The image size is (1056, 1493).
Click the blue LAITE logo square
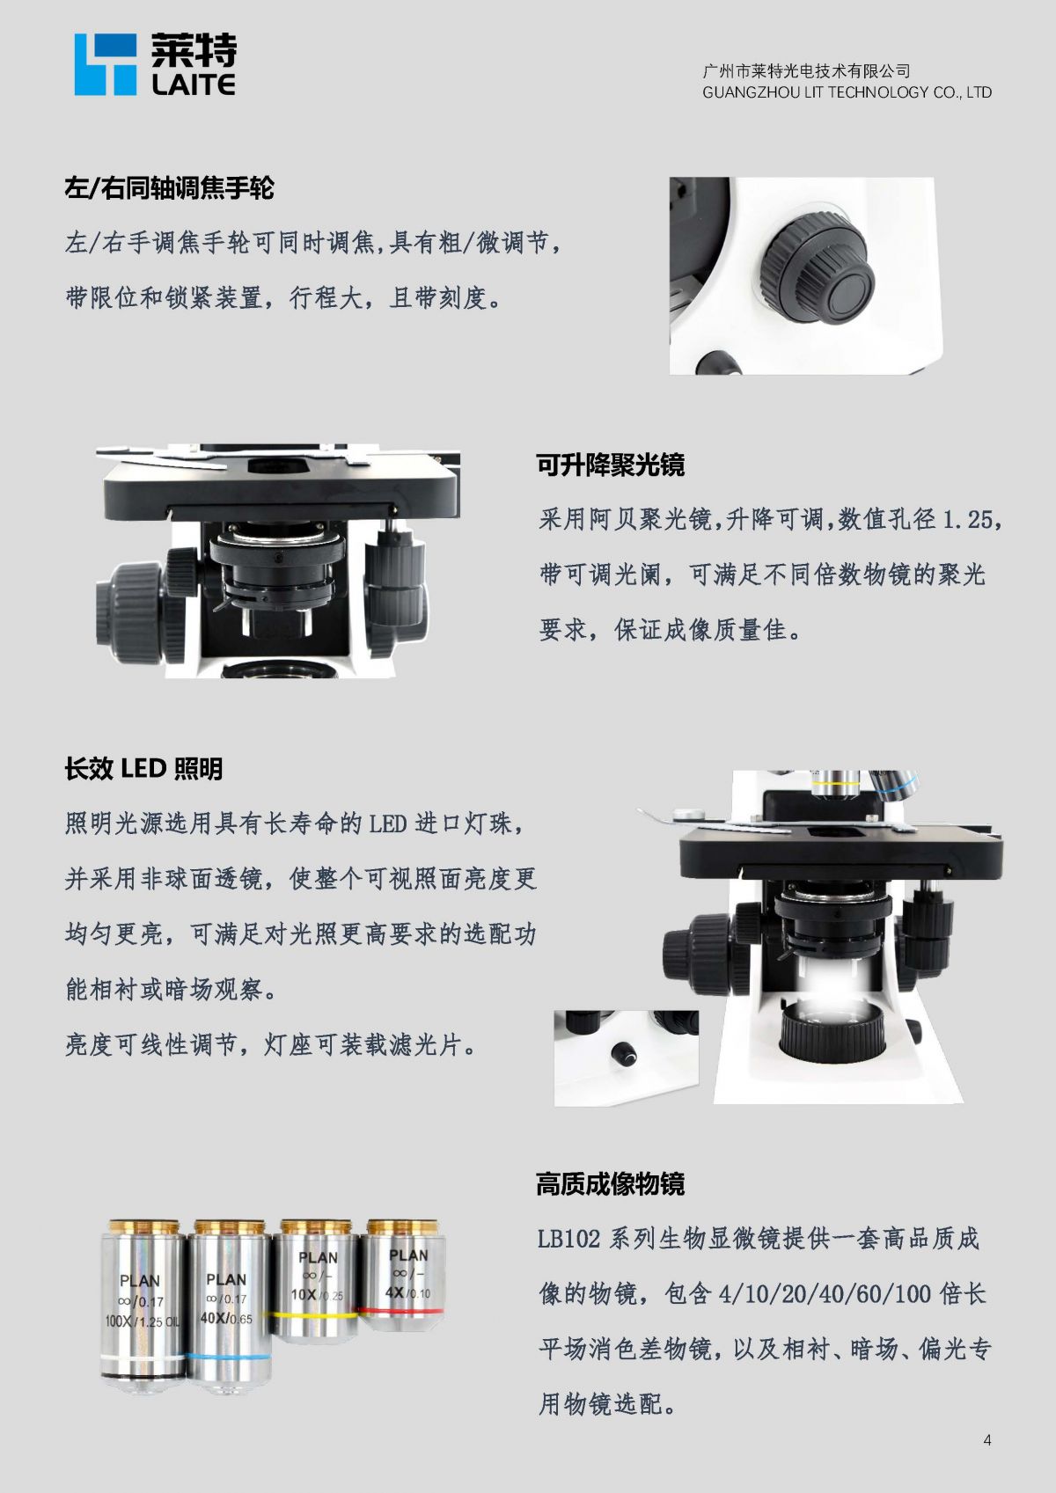pyautogui.click(x=106, y=64)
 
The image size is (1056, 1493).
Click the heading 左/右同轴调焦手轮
pyautogui.click(x=169, y=188)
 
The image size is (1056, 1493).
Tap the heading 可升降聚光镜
pyautogui.click(x=611, y=465)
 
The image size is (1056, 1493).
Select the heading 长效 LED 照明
pyautogui.click(x=143, y=769)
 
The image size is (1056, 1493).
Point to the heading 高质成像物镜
pyautogui.click(x=611, y=1183)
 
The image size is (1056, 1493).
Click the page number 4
pyautogui.click(x=987, y=1439)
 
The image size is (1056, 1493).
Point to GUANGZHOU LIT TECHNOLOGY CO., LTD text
pyautogui.click(x=847, y=92)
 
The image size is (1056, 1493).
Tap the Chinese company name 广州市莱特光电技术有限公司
pyautogui.click(x=806, y=70)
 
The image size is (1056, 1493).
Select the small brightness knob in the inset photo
pyautogui.click(x=625, y=1054)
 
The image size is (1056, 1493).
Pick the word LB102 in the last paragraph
pyautogui.click(x=568, y=1239)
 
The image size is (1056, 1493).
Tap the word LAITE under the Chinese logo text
pyautogui.click(x=194, y=84)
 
